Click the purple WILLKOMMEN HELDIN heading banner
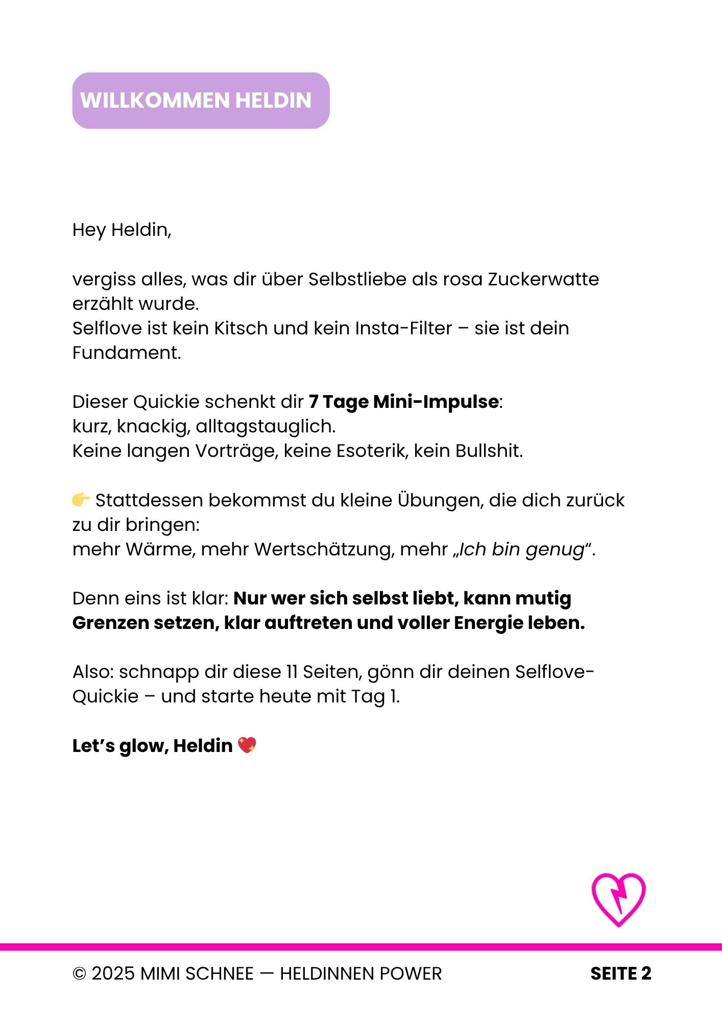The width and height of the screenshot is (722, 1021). (x=201, y=101)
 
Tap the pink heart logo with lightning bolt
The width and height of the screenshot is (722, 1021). (x=618, y=899)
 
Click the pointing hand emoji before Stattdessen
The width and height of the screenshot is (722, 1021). (x=81, y=499)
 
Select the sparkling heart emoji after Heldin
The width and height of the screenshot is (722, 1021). (x=247, y=745)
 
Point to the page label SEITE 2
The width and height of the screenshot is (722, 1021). (x=620, y=974)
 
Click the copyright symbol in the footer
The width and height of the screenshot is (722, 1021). (x=79, y=974)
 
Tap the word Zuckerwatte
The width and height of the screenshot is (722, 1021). (x=543, y=279)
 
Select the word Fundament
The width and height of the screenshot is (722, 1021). (x=126, y=353)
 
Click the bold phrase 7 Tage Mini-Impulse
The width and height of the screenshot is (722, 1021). (x=403, y=402)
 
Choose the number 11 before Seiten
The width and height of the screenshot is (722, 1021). (x=292, y=672)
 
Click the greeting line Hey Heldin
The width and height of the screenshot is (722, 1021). (x=122, y=230)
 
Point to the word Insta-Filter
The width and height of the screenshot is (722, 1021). (x=403, y=328)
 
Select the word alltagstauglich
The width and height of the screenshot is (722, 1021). (x=265, y=426)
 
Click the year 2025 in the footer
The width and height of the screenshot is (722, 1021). (x=113, y=974)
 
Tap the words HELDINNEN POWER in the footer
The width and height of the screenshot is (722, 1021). (x=360, y=974)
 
